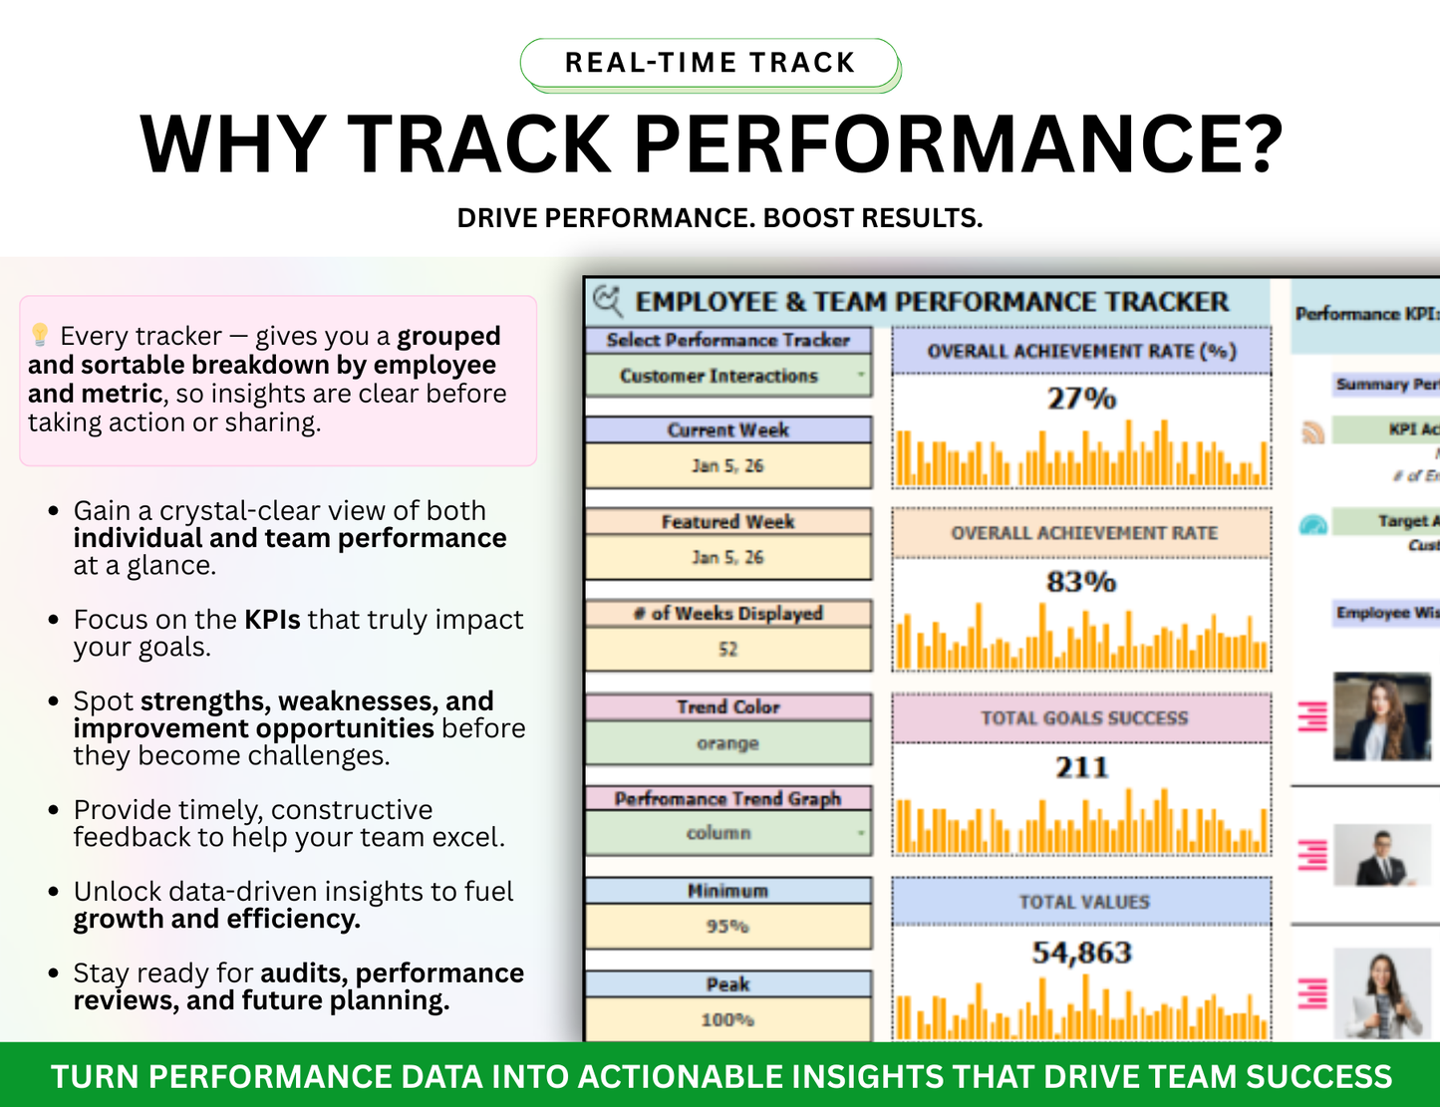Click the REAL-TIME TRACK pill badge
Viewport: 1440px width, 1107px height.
(710, 63)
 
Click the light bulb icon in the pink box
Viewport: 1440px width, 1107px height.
(40, 335)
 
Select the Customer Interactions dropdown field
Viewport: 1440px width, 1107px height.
(727, 376)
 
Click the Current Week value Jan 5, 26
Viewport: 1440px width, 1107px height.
(727, 465)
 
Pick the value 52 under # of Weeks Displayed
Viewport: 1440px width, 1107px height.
(727, 649)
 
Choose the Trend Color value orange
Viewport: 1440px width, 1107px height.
(727, 743)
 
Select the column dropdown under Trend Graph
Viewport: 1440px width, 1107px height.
(727, 833)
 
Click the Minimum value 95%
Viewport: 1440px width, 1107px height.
(727, 927)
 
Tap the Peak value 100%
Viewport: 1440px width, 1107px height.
(727, 1019)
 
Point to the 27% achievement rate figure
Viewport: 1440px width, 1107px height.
(1081, 399)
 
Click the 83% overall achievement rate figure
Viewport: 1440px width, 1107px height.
(1081, 581)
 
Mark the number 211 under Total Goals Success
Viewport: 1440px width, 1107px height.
(1081, 767)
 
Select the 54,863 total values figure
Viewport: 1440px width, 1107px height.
(1081, 953)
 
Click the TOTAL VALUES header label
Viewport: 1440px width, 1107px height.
(1083, 902)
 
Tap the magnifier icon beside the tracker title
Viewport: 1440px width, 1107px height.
(607, 300)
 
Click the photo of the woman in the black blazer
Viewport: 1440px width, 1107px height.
(1382, 716)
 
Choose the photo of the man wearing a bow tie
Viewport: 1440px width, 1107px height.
(1382, 855)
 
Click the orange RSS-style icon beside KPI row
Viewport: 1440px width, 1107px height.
(1313, 431)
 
